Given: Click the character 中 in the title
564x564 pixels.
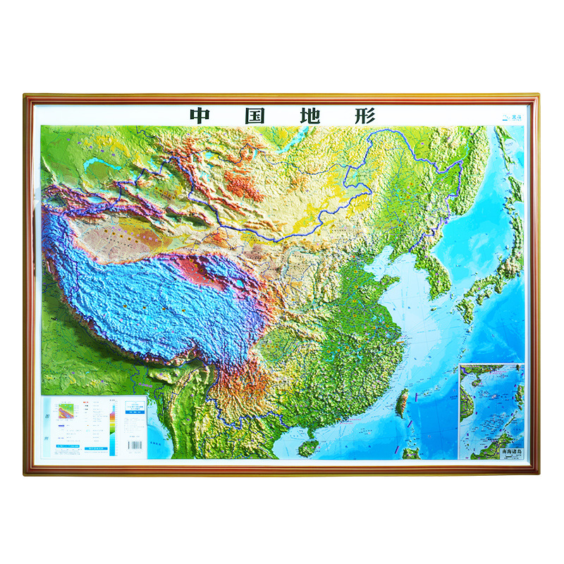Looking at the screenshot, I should [200, 116].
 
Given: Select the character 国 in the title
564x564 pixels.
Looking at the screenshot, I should [255, 116].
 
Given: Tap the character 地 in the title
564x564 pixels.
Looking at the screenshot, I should [311, 116].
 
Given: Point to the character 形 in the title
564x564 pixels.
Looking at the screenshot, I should [365, 116].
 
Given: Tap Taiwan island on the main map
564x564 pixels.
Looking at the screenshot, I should [404, 404].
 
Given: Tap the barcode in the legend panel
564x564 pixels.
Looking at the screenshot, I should [135, 446].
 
